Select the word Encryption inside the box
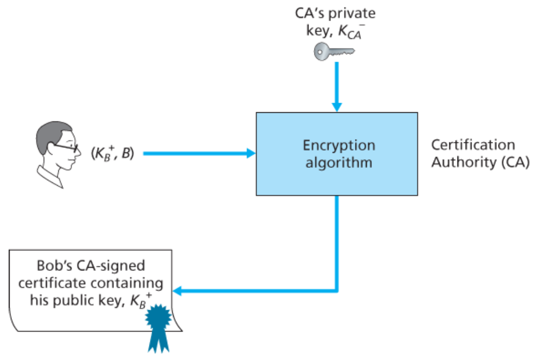(x=338, y=145)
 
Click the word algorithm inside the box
(x=338, y=162)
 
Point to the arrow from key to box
(x=337, y=86)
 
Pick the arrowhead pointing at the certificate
(x=178, y=291)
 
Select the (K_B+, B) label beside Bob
(x=112, y=154)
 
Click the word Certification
(x=473, y=145)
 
